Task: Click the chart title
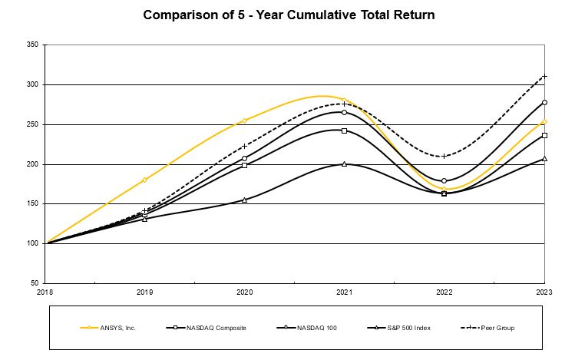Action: point(286,15)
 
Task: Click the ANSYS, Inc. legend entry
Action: point(107,327)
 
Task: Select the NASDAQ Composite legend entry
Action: point(206,327)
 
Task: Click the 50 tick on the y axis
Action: point(34,283)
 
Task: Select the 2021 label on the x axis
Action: point(345,292)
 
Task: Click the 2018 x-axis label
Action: point(46,292)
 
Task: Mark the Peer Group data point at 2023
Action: point(544,76)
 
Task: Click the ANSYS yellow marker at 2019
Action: point(145,180)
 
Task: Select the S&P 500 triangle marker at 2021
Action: point(345,163)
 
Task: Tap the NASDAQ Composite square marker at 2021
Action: point(345,130)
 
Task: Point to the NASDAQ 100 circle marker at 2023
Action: point(544,102)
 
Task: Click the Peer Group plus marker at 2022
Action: point(444,156)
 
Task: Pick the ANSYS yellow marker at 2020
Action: point(245,121)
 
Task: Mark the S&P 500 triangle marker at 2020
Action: point(245,200)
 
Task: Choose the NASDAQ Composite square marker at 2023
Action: point(544,135)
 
